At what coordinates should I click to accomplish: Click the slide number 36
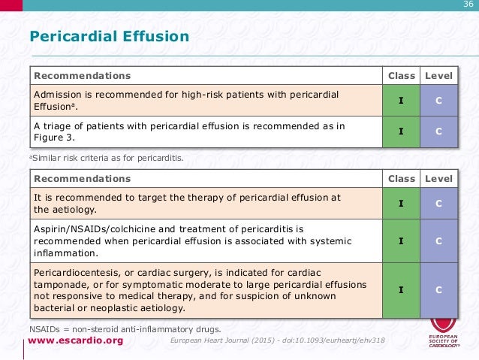tap(467, 7)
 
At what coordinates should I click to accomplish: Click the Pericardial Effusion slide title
tap(109, 37)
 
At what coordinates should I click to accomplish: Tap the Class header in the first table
tap(401, 76)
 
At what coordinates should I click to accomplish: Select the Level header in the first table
tap(438, 76)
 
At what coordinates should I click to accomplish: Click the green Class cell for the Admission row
tap(401, 101)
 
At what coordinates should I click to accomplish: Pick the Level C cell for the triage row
tap(438, 132)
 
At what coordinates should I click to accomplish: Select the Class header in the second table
tap(401, 179)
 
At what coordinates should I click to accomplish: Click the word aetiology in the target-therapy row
tap(71, 210)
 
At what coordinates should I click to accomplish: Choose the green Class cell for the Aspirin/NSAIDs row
tap(401, 241)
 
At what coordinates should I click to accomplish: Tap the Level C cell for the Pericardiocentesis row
tap(438, 289)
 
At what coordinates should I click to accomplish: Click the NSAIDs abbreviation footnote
tap(125, 329)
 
